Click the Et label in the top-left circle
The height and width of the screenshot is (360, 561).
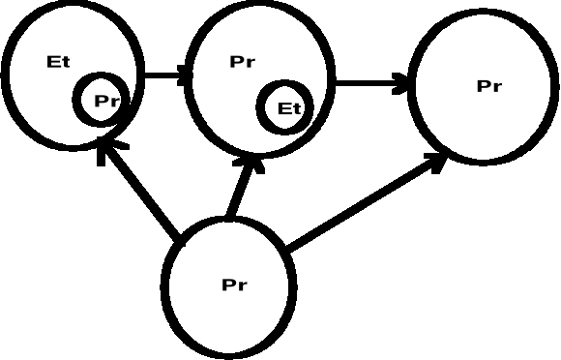[x=58, y=63]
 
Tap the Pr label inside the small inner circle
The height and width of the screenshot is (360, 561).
[x=105, y=100]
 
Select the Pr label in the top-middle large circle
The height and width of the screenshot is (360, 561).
[x=243, y=63]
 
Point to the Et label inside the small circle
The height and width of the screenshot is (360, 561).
[x=289, y=108]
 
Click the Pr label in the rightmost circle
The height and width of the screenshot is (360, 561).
[x=489, y=86]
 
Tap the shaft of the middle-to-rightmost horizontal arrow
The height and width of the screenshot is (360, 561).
[x=368, y=84]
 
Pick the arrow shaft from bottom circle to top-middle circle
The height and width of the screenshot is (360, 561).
[x=238, y=193]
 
